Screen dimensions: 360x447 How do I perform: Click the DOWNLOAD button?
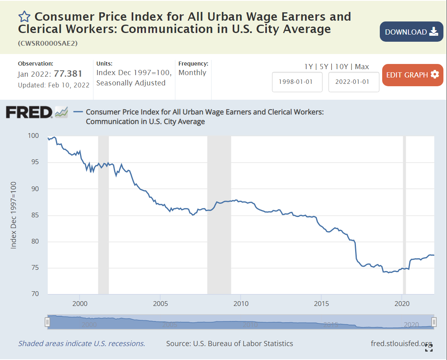(411, 32)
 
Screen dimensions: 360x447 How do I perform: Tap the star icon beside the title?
(24, 17)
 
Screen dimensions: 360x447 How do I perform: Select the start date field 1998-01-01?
(297, 82)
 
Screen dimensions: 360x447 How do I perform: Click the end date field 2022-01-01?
(354, 82)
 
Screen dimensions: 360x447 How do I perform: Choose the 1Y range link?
(309, 67)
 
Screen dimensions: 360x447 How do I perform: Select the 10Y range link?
(342, 67)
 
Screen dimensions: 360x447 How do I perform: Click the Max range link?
(362, 67)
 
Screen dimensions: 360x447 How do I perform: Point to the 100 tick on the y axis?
(33, 136)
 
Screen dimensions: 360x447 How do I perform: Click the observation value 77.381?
(68, 74)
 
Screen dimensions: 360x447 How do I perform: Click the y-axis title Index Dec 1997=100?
(14, 215)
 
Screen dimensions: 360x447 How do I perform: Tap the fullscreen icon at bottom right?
(429, 348)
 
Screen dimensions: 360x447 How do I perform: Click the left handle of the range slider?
(47, 322)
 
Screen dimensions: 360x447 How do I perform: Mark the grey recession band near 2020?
(404, 215)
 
